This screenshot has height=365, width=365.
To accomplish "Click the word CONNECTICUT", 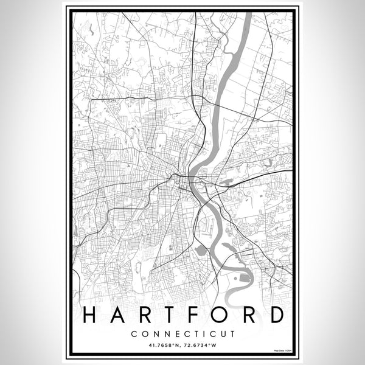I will [x=182, y=333].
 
